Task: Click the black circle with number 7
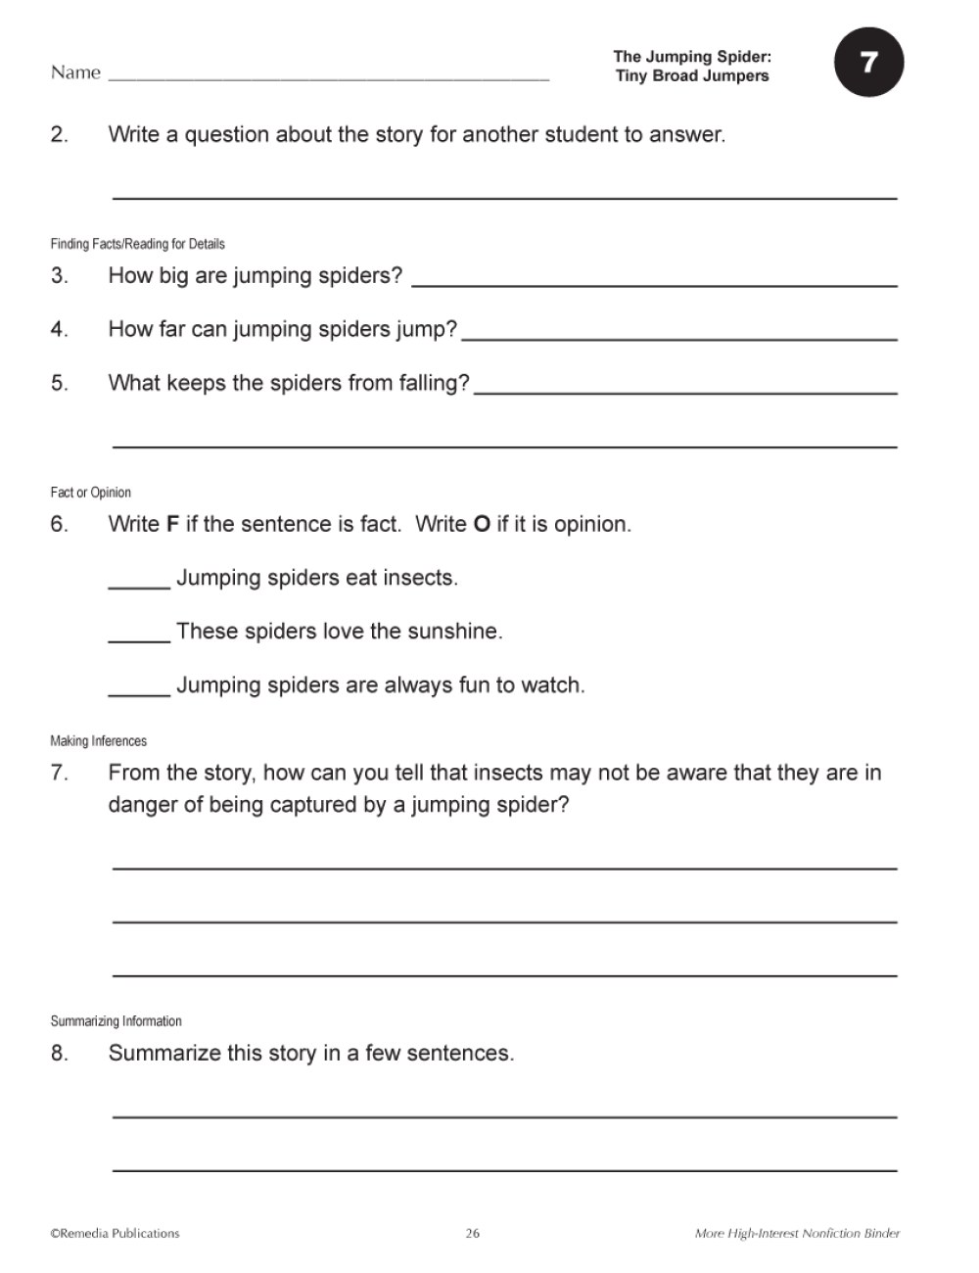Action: (x=868, y=64)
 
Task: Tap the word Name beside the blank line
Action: (x=75, y=72)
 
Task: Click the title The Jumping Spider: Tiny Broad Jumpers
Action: (x=692, y=67)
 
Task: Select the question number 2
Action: (x=60, y=134)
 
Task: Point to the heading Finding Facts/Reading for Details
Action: (x=137, y=244)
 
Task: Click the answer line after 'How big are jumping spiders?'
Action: (x=654, y=283)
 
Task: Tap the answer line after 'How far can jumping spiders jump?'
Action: (x=678, y=337)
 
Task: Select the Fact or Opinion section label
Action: (x=90, y=493)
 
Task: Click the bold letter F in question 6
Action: (x=172, y=524)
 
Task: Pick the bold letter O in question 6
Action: (x=481, y=524)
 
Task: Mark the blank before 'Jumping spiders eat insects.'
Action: (x=139, y=586)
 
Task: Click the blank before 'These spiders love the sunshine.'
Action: (x=139, y=639)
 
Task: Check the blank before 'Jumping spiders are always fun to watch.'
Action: (x=139, y=693)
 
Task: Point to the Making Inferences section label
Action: (x=98, y=741)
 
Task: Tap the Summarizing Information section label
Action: (x=116, y=1021)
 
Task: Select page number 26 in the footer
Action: (x=472, y=1234)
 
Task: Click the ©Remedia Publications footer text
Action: (x=115, y=1234)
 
